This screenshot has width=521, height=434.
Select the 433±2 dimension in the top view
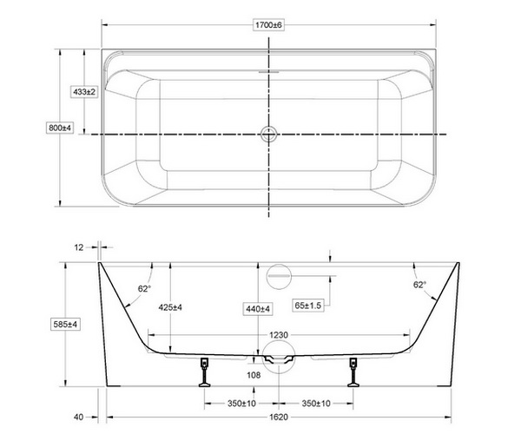[83, 91]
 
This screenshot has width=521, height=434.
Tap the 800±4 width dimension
[59, 128]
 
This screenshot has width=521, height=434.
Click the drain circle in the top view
[268, 134]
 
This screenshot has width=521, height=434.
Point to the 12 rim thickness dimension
[79, 247]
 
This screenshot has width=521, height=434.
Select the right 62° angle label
[419, 284]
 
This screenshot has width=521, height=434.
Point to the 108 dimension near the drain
[254, 375]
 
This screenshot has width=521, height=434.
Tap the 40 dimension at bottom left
[79, 418]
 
